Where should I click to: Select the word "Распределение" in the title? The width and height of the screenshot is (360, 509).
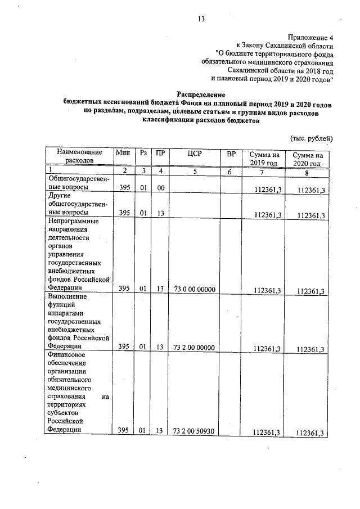tap(201, 96)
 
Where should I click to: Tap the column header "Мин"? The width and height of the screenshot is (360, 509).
tap(123, 152)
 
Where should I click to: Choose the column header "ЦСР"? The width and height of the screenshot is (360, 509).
tap(195, 152)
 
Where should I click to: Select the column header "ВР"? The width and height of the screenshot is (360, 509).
tap(231, 153)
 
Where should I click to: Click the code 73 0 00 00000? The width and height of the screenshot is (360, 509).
tap(195, 289)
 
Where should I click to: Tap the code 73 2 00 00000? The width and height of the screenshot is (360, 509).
tap(195, 347)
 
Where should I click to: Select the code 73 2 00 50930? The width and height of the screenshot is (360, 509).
tap(195, 431)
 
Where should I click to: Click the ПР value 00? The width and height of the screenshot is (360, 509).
tap(160, 188)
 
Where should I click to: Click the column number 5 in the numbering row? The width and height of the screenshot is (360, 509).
tap(195, 170)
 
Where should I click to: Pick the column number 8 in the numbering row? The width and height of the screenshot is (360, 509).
tap(307, 172)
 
